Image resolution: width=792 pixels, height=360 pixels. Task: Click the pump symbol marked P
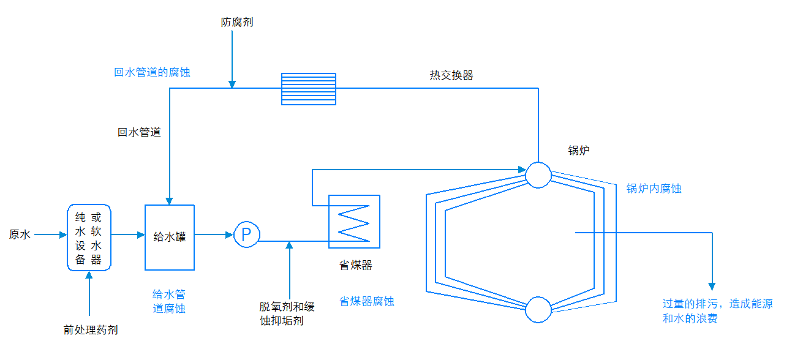click(247, 234)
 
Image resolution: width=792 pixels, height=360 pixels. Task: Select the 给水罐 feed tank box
click(169, 237)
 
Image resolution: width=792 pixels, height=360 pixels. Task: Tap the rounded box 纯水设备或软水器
click(89, 238)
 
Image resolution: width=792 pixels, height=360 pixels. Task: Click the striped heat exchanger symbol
click(309, 89)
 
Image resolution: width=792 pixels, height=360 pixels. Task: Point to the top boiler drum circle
click(538, 174)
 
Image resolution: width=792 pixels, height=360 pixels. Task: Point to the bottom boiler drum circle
click(538, 309)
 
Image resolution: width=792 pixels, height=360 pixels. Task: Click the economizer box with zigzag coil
click(354, 222)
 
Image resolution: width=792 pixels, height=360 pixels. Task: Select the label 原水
click(20, 234)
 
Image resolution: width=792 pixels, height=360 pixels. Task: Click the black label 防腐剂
click(236, 23)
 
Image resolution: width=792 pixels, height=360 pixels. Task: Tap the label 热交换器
click(451, 75)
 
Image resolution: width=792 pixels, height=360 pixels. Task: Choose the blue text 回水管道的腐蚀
click(152, 72)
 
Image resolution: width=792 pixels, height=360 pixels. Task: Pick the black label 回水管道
click(140, 132)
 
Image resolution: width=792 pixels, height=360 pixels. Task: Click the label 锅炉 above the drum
click(578, 151)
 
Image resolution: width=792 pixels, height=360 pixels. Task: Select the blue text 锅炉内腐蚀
click(654, 189)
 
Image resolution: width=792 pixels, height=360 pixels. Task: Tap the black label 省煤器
click(356, 265)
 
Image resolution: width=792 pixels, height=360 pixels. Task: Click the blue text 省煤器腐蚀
click(366, 301)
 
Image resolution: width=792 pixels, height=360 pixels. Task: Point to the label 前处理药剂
click(91, 330)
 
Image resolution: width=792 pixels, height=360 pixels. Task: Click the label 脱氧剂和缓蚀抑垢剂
click(287, 313)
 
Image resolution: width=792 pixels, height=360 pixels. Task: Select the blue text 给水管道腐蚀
click(169, 301)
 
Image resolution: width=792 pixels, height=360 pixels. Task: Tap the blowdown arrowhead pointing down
click(712, 286)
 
